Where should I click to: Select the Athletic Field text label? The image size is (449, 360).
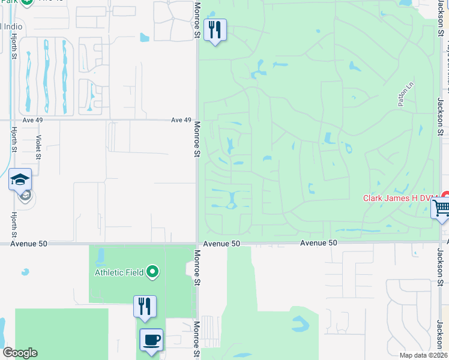click(119, 272)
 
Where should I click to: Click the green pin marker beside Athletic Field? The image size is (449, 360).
click(152, 272)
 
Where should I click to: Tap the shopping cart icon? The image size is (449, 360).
click(441, 209)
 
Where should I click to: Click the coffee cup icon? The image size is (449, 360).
click(151, 340)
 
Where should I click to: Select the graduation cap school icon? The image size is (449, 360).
click(20, 179)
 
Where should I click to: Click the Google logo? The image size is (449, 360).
click(20, 353)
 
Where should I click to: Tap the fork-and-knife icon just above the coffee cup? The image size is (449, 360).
click(145, 306)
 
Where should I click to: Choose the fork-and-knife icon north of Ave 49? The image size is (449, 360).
click(215, 29)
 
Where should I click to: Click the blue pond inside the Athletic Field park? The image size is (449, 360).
click(100, 257)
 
